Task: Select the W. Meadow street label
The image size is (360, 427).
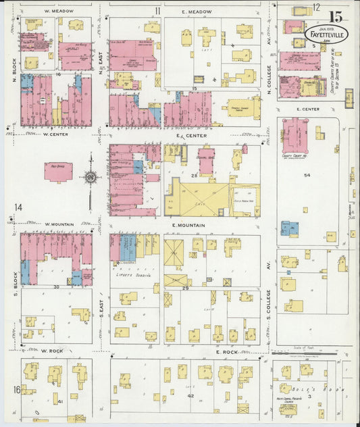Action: (58, 11)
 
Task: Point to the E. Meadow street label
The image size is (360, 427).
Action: (197, 11)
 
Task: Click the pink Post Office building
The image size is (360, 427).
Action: (59, 172)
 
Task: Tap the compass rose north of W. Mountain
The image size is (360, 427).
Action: (91, 178)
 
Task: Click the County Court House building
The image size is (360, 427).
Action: (296, 137)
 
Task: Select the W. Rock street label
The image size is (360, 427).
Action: (51, 351)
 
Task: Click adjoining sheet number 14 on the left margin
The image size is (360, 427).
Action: (18, 207)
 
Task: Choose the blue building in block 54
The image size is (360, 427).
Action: (289, 229)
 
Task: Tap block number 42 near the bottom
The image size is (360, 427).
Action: (190, 395)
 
